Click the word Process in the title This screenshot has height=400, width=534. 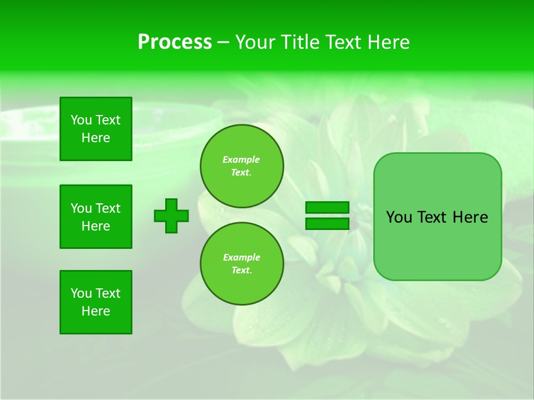(x=175, y=42)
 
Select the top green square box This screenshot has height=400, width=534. (x=96, y=129)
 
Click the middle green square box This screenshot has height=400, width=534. (x=96, y=217)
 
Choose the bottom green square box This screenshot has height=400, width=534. (x=96, y=302)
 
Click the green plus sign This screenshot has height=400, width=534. (x=171, y=216)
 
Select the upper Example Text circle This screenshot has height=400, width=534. (x=241, y=166)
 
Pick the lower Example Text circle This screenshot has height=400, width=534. (x=241, y=264)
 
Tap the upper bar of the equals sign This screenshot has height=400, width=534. (x=327, y=208)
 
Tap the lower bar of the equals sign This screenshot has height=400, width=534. (x=327, y=224)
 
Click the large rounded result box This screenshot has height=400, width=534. (x=437, y=244)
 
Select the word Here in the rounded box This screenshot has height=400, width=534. (x=470, y=217)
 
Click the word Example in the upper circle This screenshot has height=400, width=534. (x=241, y=159)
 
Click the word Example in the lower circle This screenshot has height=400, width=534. (x=241, y=257)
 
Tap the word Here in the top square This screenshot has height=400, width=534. (x=96, y=138)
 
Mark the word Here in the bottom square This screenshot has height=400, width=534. (x=96, y=311)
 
